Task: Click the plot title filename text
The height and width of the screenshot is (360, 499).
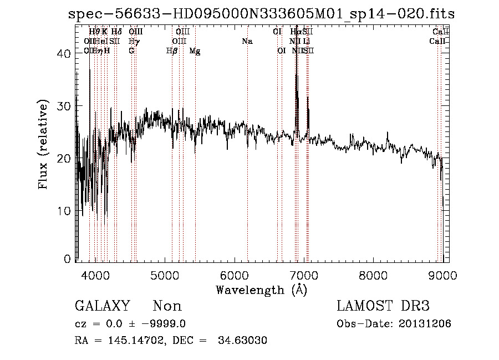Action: click(261, 13)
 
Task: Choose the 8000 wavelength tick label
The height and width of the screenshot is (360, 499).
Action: click(373, 273)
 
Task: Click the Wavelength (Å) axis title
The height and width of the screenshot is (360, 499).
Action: click(261, 290)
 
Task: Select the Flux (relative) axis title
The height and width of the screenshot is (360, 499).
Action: click(43, 145)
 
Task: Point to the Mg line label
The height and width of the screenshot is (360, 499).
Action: click(195, 51)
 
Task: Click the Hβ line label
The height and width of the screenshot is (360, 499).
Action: click(172, 51)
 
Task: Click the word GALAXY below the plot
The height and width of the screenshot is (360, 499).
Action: click(102, 306)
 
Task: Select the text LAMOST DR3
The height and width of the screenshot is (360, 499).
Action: click(383, 306)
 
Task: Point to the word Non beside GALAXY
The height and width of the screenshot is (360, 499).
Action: click(167, 306)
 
